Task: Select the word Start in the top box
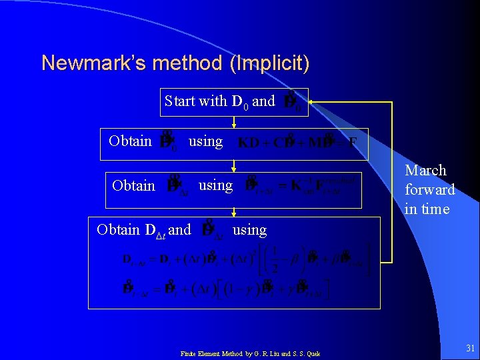[180, 101]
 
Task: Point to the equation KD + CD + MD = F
[297, 142]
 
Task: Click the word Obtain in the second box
[131, 141]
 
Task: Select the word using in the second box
[205, 141]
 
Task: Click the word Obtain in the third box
[134, 185]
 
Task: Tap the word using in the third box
[216, 185]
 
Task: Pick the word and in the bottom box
[179, 230]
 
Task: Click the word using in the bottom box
[249, 230]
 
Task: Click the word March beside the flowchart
[425, 171]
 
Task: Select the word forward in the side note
[429, 190]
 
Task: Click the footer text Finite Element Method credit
[250, 353]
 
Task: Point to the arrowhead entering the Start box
[311, 102]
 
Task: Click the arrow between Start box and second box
[235, 122]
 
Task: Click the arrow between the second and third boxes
[235, 166]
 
